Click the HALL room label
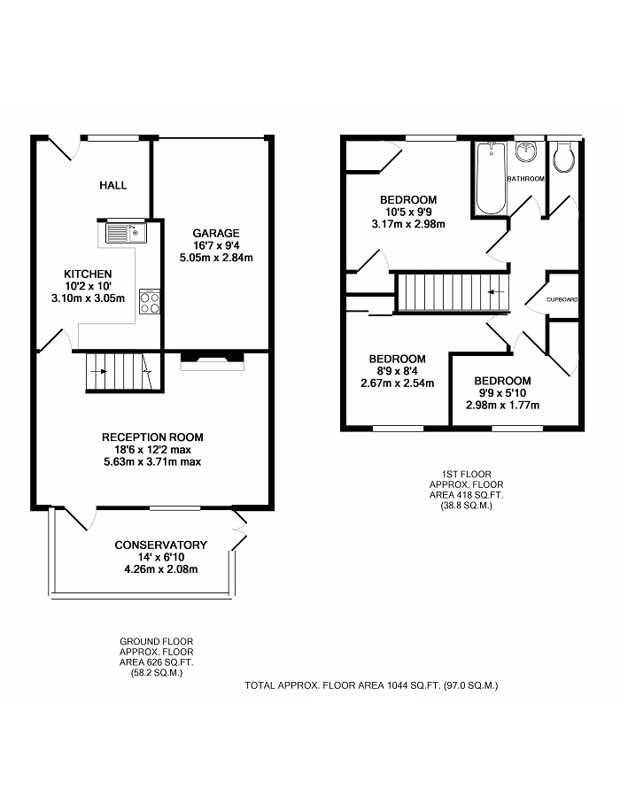coord(112,185)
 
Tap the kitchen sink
coord(126,233)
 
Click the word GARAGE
coord(216,233)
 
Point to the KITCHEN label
coord(88,274)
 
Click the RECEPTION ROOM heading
coord(152,437)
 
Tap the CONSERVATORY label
coord(160,545)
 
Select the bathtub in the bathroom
coord(491,178)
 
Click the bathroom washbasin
coord(526,151)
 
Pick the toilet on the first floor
coord(564,156)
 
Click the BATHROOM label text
coord(526,179)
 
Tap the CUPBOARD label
coord(562,300)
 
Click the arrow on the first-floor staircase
coord(496,291)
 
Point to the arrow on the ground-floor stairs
coord(98,372)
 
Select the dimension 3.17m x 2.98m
coord(408,224)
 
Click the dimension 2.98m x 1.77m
coord(502,405)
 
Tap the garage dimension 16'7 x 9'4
coord(216,245)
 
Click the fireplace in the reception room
coord(213,360)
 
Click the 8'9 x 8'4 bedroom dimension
coord(398,371)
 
